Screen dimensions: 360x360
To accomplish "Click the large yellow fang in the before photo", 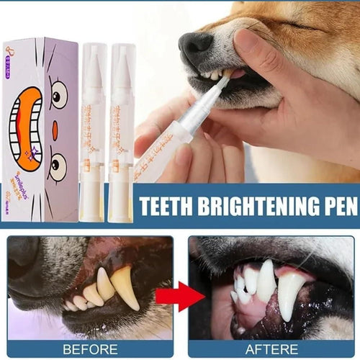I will [125, 287].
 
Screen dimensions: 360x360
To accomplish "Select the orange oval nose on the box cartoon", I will [55, 130].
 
